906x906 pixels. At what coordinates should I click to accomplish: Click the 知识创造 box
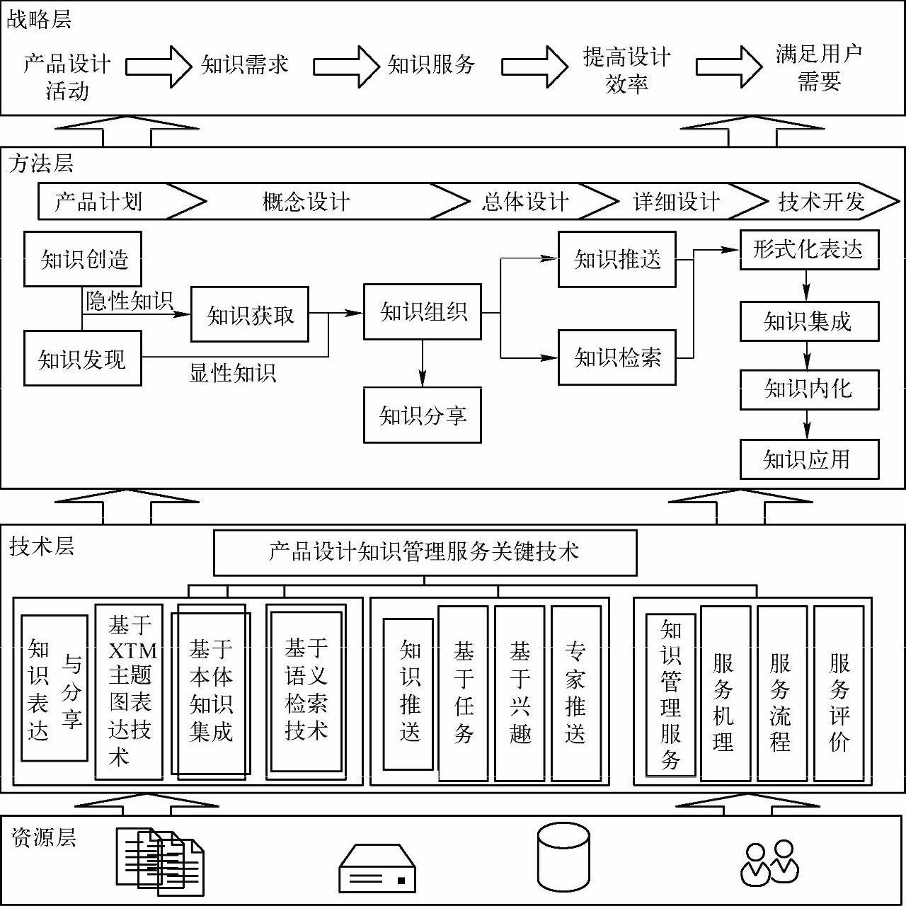[x=83, y=259]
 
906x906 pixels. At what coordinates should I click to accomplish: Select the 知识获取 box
[x=250, y=315]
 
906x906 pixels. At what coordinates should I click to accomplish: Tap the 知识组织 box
[x=423, y=311]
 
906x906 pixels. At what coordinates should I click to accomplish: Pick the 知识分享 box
[x=423, y=415]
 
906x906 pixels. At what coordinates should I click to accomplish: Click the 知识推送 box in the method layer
[x=617, y=259]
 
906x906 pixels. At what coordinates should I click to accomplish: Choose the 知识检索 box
[x=617, y=357]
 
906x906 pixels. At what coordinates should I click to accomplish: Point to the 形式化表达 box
[x=809, y=249]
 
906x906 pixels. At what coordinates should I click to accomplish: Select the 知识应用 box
[x=809, y=459]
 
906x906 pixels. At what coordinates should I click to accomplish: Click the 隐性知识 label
[x=130, y=301]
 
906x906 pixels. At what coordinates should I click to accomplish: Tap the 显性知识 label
[x=232, y=372]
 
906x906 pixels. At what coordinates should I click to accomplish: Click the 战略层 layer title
[x=39, y=19]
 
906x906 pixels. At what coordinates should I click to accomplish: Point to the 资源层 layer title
[x=43, y=837]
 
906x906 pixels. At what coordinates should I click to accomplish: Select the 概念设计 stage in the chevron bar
[x=306, y=202]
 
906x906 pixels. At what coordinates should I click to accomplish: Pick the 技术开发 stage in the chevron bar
[x=821, y=202]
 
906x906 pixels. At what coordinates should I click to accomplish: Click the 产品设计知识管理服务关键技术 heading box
[x=425, y=552]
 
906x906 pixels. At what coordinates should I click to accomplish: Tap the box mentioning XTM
[x=129, y=692]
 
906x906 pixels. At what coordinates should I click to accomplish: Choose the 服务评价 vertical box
[x=839, y=694]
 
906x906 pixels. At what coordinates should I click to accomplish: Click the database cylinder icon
[x=563, y=856]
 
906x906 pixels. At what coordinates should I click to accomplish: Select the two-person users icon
[x=769, y=863]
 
